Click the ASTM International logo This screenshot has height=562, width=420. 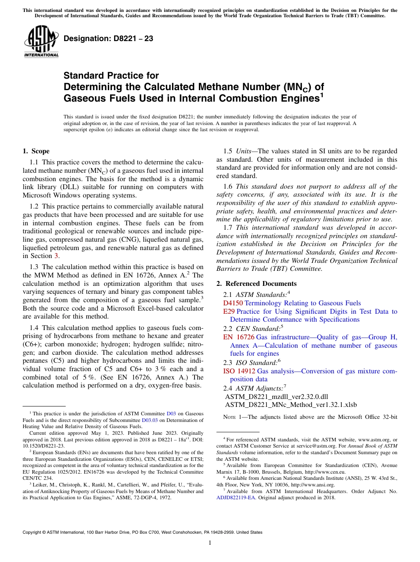41,42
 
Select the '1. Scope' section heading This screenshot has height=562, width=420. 36,151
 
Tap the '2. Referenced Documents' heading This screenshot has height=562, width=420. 256,284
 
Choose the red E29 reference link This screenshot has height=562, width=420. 229,311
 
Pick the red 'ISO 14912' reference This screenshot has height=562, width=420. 239,371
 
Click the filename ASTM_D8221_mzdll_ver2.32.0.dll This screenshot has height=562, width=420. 276,396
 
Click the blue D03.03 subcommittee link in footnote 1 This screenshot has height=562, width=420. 148,421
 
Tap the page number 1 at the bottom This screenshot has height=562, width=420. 210,543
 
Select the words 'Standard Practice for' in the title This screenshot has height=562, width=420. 111,76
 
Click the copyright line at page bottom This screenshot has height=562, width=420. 142,532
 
